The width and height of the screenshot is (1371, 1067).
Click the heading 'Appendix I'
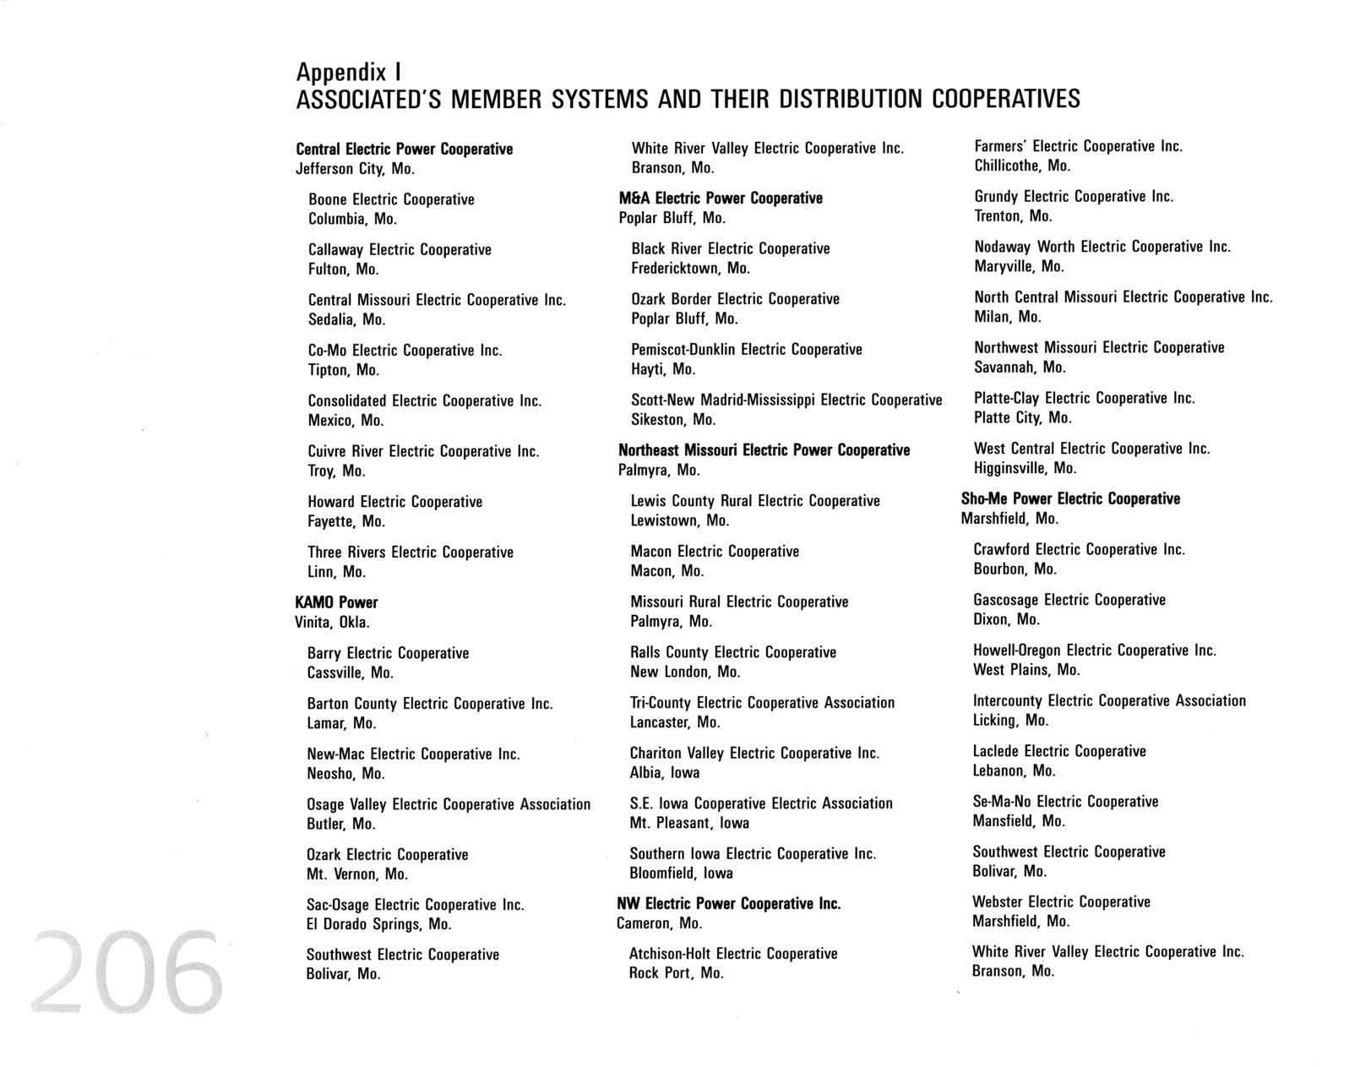(x=353, y=71)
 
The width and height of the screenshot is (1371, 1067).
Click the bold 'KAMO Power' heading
(x=336, y=602)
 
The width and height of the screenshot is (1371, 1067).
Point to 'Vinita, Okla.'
(x=332, y=623)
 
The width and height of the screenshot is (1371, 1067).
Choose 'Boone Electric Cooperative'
(x=391, y=199)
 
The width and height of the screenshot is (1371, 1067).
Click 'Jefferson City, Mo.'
(x=355, y=169)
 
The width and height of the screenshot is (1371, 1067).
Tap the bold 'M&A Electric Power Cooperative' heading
(x=721, y=198)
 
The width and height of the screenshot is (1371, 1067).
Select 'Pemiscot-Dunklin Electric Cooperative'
(x=747, y=350)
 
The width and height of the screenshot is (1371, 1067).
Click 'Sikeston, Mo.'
(x=673, y=420)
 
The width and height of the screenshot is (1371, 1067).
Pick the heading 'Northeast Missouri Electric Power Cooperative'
(x=764, y=450)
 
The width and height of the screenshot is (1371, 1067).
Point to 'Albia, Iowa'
(x=664, y=773)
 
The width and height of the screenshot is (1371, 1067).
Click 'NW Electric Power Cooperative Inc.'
(x=729, y=904)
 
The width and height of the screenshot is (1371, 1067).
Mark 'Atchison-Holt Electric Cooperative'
(x=733, y=954)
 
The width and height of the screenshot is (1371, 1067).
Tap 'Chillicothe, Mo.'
(x=1022, y=166)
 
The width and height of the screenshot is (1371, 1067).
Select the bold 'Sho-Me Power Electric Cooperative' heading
(x=1070, y=498)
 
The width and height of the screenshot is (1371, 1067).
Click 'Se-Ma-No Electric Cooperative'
(x=1065, y=802)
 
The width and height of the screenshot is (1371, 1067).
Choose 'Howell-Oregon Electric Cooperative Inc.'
(x=1094, y=651)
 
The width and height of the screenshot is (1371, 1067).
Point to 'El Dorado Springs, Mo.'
(x=378, y=924)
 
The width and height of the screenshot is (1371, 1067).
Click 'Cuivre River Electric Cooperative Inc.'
(x=423, y=451)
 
